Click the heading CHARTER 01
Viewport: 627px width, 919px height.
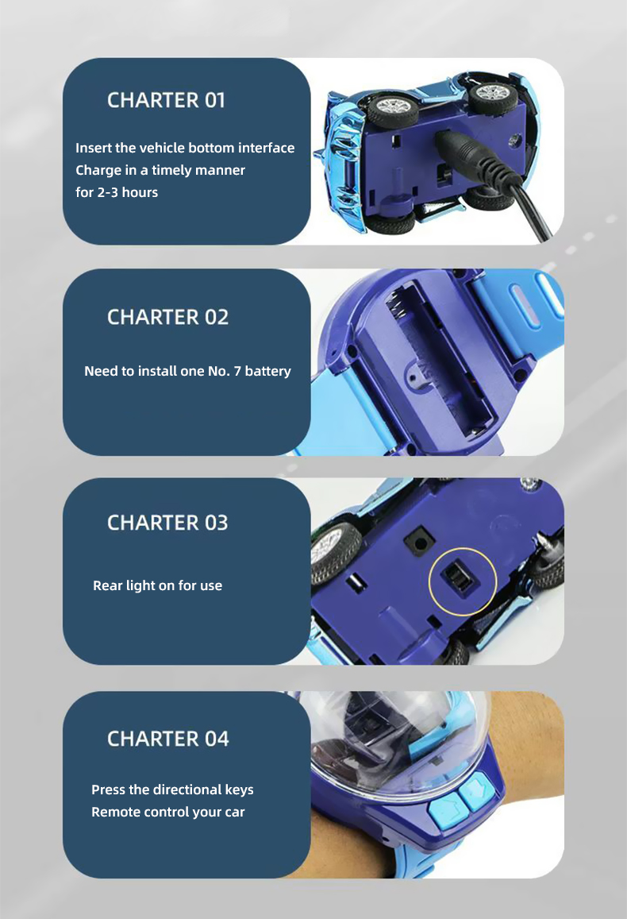(x=166, y=100)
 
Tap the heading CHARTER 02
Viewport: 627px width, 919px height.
(x=168, y=317)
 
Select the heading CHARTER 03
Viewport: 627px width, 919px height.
(x=167, y=523)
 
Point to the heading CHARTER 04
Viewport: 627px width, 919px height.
(x=168, y=739)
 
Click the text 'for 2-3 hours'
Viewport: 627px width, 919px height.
(x=117, y=192)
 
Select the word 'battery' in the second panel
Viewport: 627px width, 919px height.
(x=267, y=371)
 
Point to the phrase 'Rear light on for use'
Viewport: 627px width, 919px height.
(x=157, y=585)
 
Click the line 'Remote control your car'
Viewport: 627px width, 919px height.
(x=168, y=813)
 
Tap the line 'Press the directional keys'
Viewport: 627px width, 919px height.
(x=173, y=790)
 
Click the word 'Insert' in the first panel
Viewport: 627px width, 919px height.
(x=94, y=148)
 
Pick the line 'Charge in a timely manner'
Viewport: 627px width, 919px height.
(x=160, y=170)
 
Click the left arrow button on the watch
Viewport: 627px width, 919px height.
(x=448, y=810)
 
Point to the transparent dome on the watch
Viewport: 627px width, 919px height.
(x=398, y=744)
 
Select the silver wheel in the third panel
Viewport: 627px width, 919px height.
(x=331, y=551)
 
